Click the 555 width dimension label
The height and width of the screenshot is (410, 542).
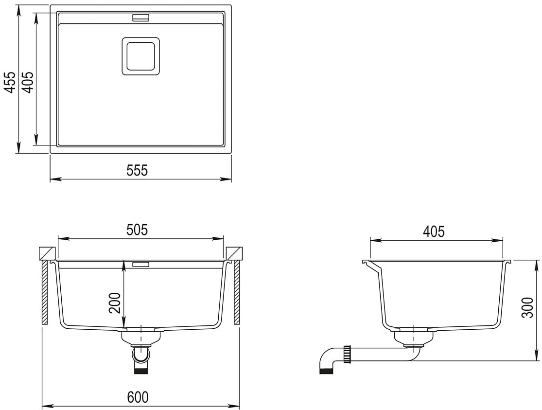[137, 170]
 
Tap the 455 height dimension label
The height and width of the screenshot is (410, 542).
[10, 82]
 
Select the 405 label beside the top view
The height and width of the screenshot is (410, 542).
[28, 82]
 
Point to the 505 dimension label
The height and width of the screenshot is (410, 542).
[137, 230]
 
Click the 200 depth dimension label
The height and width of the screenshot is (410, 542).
[115, 303]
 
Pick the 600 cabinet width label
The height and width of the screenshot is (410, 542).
[138, 397]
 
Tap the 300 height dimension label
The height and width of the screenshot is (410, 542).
[528, 307]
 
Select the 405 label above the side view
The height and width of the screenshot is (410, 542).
[434, 231]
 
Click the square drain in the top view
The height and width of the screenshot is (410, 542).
[140, 56]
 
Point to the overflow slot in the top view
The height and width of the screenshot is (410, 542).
[140, 18]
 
